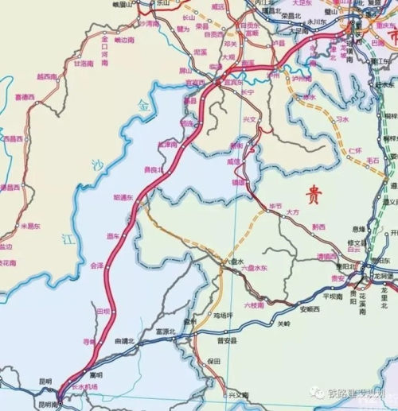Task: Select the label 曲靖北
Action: click(125, 341)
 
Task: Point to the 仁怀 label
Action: click(356, 149)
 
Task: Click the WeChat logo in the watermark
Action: click(318, 393)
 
